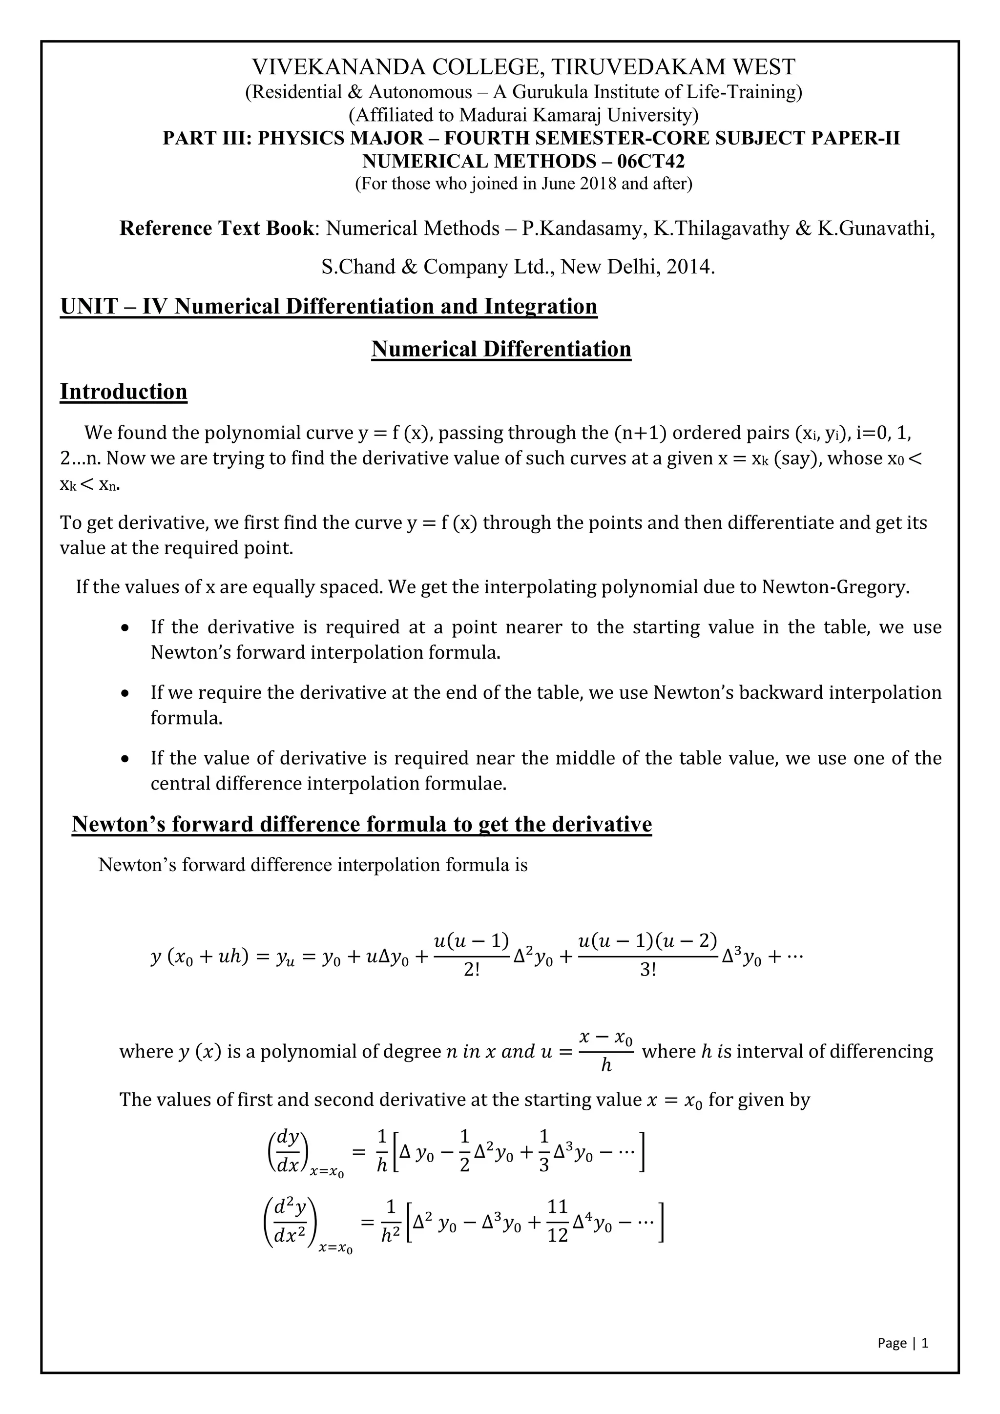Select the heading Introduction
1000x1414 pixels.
pos(123,392)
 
